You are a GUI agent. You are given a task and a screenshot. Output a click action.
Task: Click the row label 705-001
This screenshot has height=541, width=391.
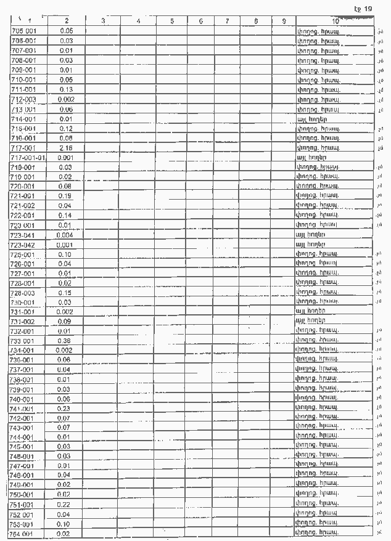pos(23,31)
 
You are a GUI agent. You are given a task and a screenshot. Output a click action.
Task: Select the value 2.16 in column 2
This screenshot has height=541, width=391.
pos(66,148)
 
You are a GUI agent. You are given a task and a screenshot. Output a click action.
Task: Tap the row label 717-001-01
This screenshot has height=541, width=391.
pos(29,158)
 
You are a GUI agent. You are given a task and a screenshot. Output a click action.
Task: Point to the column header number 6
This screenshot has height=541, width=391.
pos(202,22)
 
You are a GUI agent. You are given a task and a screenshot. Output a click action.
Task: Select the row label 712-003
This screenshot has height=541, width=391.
pos(23,99)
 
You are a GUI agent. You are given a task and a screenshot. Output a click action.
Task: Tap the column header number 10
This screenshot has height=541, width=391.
pos(335,22)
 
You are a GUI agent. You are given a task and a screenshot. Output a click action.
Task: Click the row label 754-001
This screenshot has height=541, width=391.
pos(23,534)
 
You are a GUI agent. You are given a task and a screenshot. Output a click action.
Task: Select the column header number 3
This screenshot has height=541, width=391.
pos(102,22)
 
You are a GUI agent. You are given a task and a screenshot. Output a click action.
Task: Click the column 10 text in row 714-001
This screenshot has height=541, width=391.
pos(311,119)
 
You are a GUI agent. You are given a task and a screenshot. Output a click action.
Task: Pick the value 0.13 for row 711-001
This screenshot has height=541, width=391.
pos(66,89)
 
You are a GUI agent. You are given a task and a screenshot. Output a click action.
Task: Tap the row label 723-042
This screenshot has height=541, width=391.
pos(23,245)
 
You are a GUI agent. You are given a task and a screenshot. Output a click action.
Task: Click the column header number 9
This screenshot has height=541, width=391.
pos(283,22)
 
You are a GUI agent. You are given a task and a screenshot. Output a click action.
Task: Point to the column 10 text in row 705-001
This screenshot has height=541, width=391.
pos(318,31)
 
